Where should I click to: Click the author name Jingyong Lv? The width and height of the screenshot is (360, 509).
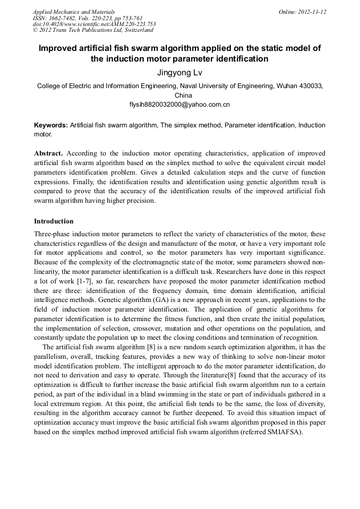click(x=179, y=72)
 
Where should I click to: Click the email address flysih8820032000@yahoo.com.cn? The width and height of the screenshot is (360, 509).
click(x=179, y=105)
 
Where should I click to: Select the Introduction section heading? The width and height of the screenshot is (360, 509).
click(x=54, y=221)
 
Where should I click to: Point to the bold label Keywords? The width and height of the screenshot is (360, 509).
click(x=51, y=125)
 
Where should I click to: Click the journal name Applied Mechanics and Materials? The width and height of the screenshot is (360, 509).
click(x=74, y=12)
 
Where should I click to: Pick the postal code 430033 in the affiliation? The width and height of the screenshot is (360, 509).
click(x=311, y=85)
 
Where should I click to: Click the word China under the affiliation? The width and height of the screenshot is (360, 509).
click(x=179, y=96)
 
